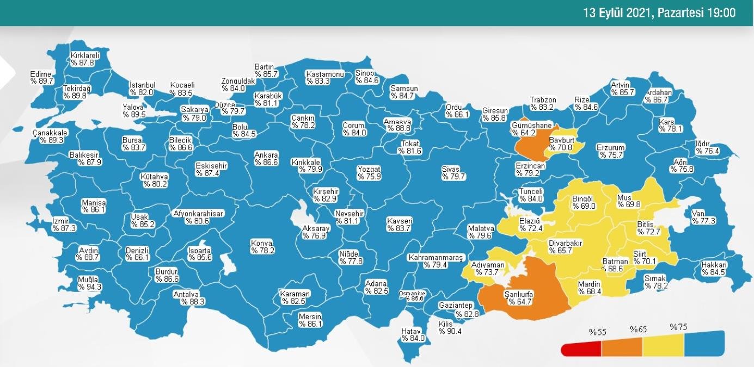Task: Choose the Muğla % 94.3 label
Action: (89, 283)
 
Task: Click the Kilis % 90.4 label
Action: (450, 327)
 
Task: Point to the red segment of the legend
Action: (581, 348)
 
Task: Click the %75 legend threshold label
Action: (679, 327)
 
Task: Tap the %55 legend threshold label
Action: (597, 331)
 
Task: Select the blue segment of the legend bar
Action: (704, 344)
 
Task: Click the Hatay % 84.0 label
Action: (413, 334)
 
